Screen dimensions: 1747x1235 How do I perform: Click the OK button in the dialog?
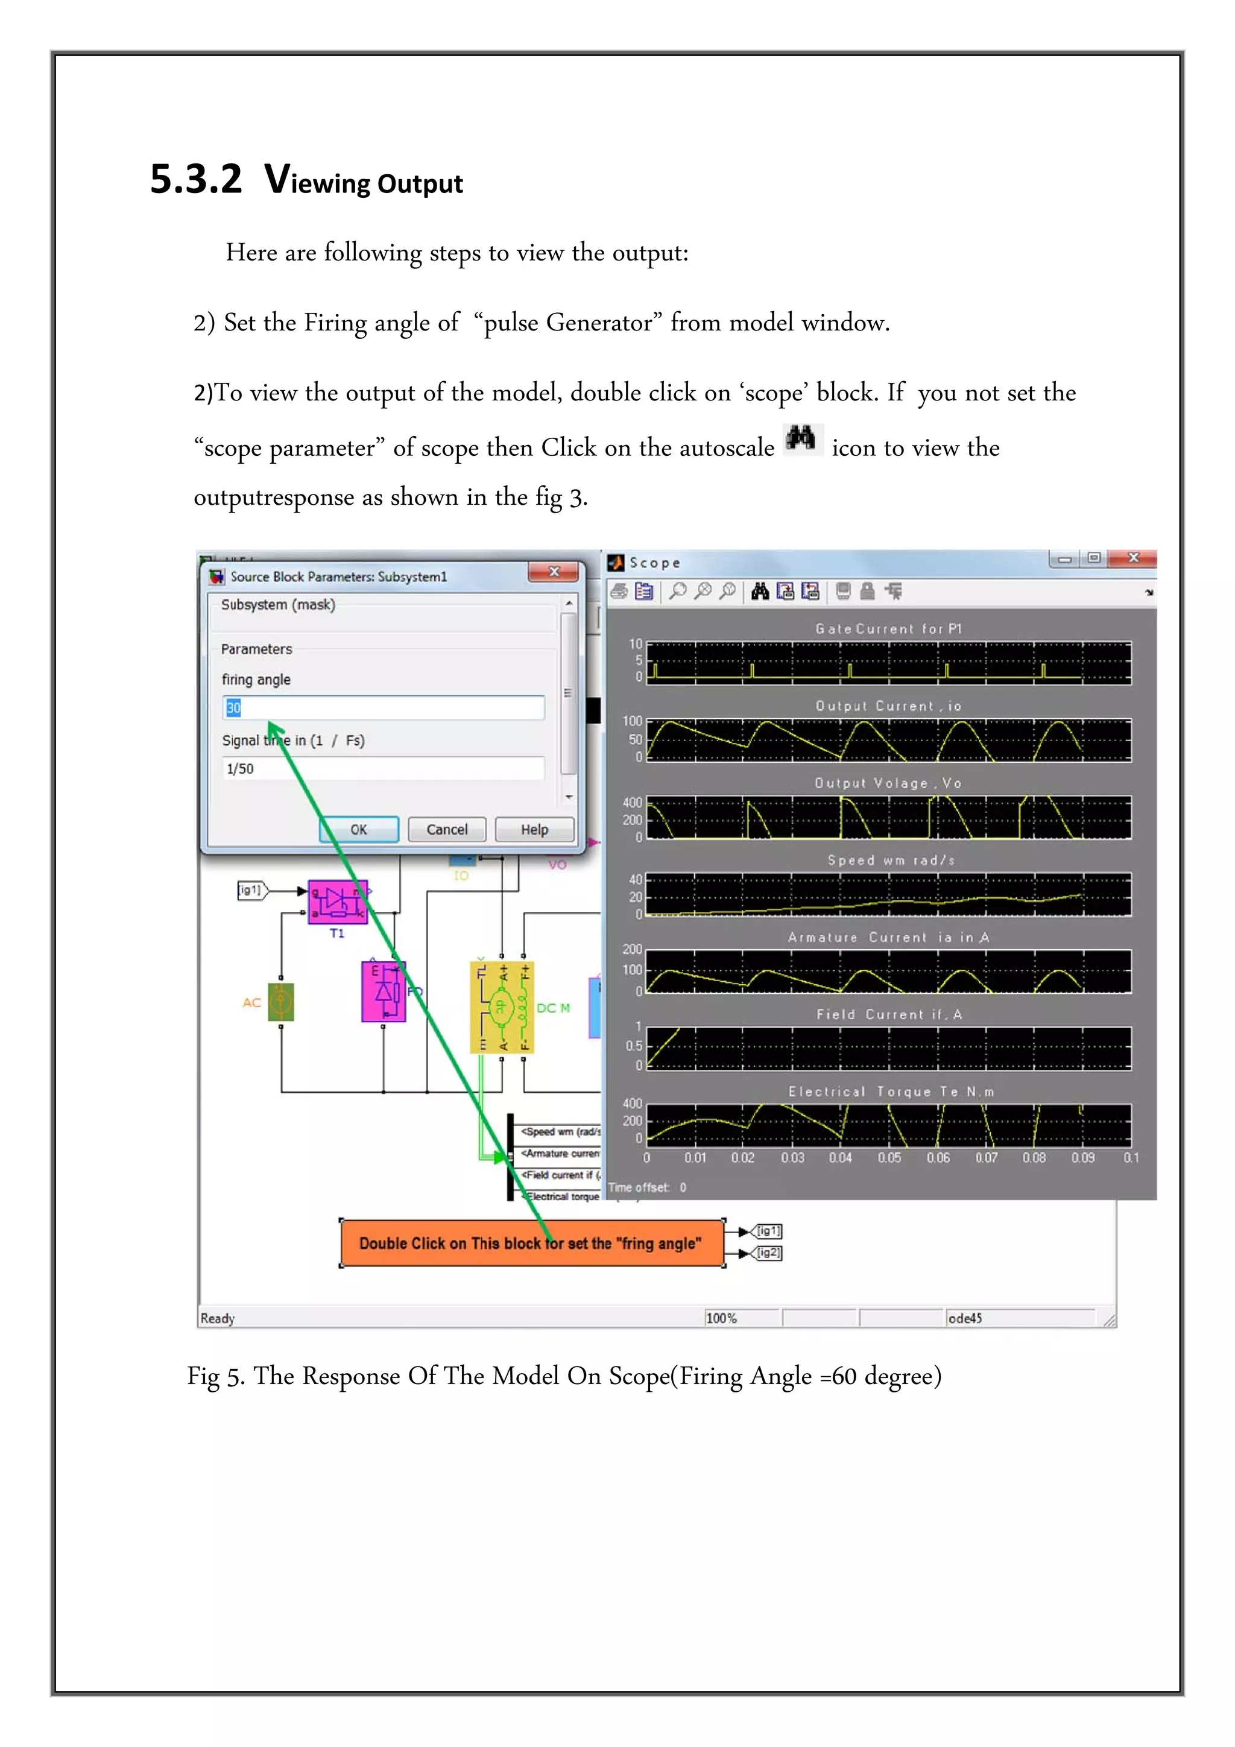pyautogui.click(x=358, y=829)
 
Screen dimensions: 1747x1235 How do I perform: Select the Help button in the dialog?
pyautogui.click(x=534, y=829)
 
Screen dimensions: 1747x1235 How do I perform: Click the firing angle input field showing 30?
pyautogui.click(x=384, y=707)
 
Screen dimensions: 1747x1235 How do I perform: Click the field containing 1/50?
pyautogui.click(x=384, y=768)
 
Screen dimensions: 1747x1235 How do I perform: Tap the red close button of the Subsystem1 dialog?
pyautogui.click(x=554, y=572)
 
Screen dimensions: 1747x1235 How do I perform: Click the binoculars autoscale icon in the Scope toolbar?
pyautogui.click(x=759, y=591)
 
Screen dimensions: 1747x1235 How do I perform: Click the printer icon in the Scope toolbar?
pyautogui.click(x=619, y=591)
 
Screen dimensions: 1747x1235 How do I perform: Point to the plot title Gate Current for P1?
pyautogui.click(x=888, y=628)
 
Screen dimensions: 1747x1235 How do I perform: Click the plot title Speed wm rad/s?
pyautogui.click(x=890, y=860)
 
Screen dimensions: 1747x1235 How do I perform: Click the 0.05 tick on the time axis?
pyautogui.click(x=889, y=1157)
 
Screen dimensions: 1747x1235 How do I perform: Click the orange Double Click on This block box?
pyautogui.click(x=531, y=1243)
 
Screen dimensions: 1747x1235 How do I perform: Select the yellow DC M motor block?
pyautogui.click(x=502, y=1008)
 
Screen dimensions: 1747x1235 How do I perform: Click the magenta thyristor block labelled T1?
pyautogui.click(x=338, y=902)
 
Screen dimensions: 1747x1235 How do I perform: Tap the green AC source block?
pyautogui.click(x=281, y=1002)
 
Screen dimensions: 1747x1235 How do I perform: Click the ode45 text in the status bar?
pyautogui.click(x=965, y=1318)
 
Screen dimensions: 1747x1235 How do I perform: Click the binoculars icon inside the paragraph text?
pyautogui.click(x=801, y=439)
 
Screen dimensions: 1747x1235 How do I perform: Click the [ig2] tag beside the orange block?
pyautogui.click(x=768, y=1253)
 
